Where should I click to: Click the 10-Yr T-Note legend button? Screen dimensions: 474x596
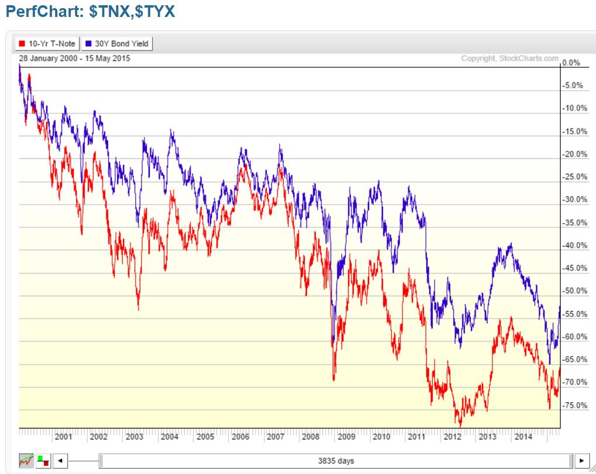[x=47, y=43]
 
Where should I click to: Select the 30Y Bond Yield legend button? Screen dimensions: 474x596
[x=117, y=43]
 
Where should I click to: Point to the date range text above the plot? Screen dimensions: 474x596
[x=74, y=58]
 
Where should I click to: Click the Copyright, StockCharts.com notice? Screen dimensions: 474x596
[x=509, y=58]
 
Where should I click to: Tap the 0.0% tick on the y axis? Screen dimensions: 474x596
[x=571, y=63]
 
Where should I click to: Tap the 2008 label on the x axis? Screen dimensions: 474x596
[x=310, y=437]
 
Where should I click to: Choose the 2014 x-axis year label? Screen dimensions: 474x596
[x=522, y=437]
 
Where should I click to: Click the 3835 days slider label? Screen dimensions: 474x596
[x=336, y=461]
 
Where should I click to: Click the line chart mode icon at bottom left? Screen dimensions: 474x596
[x=26, y=461]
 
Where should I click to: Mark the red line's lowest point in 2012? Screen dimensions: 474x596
[x=460, y=427]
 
